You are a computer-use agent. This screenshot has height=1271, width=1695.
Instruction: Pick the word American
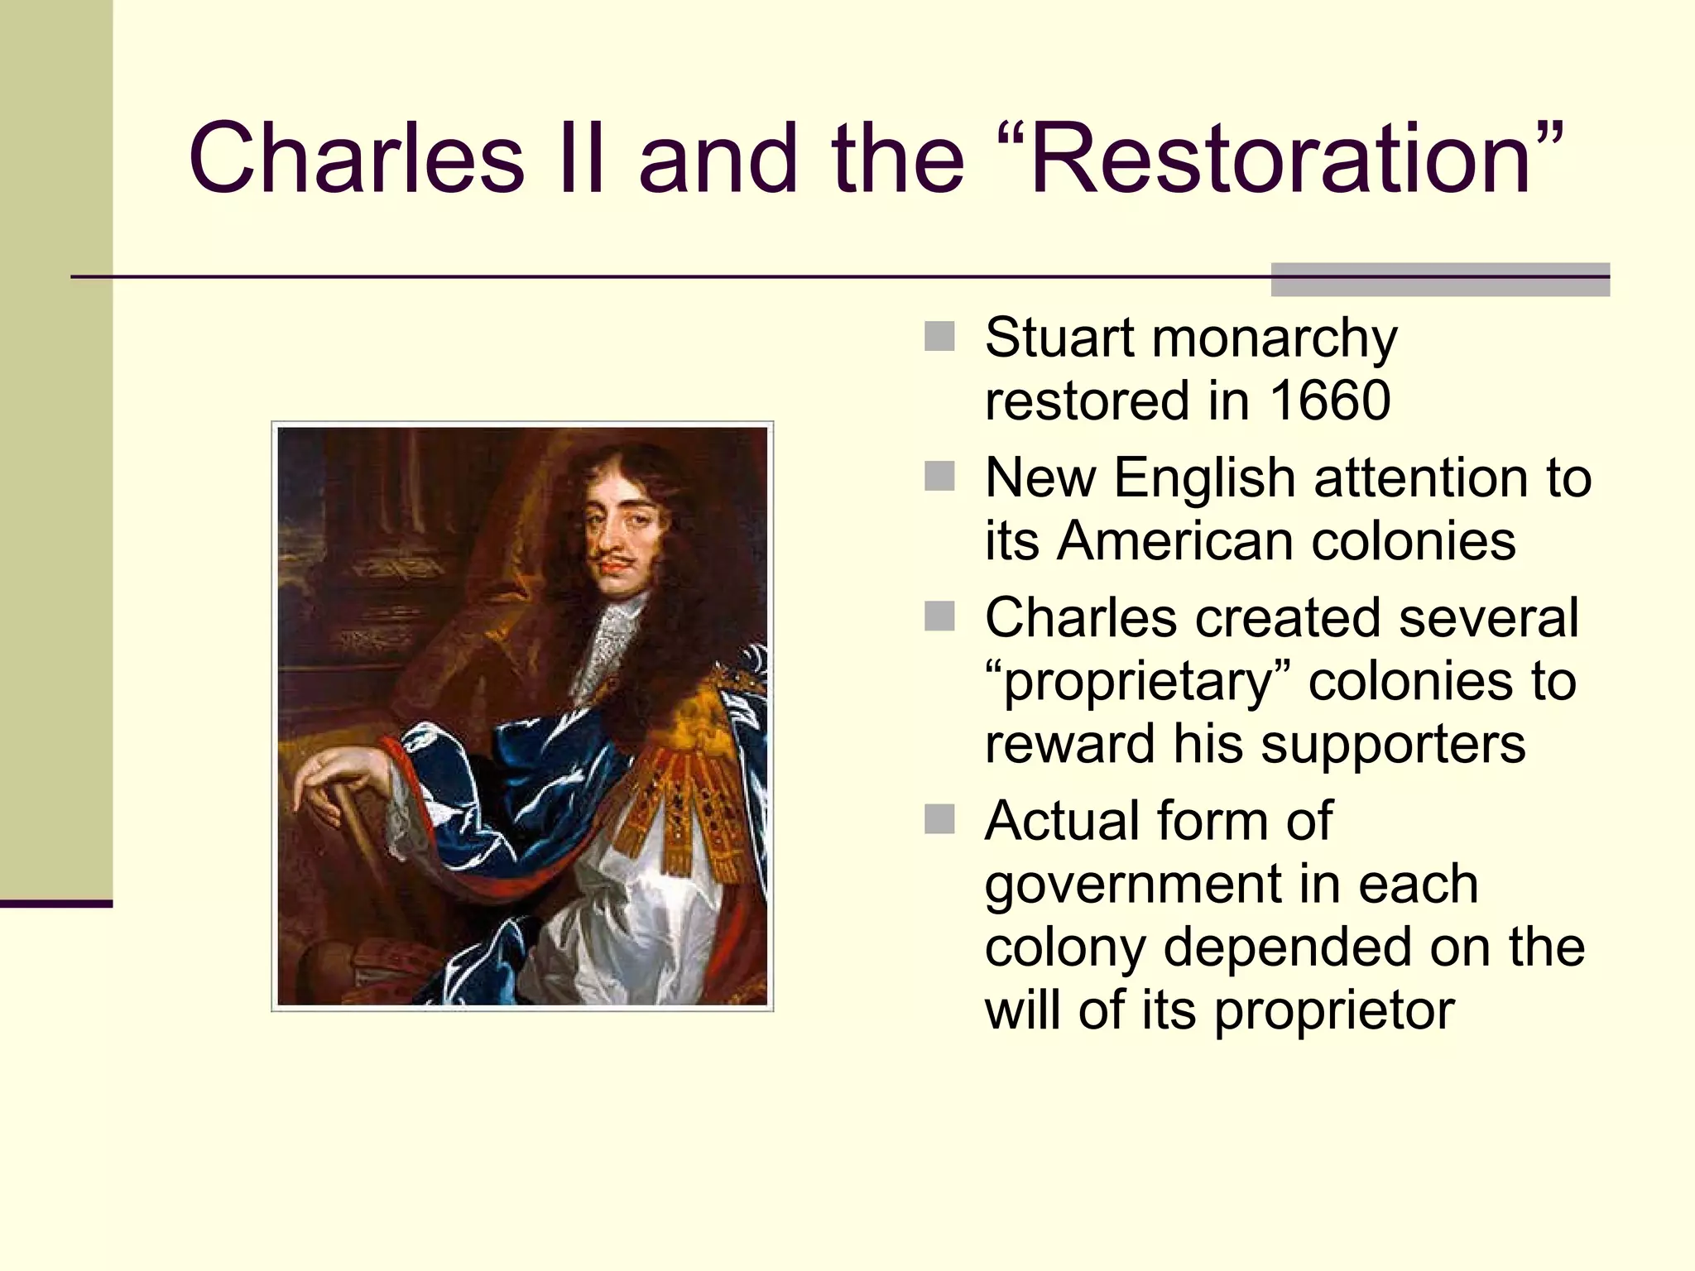point(1174,541)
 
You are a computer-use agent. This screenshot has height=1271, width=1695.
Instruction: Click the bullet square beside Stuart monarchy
point(939,337)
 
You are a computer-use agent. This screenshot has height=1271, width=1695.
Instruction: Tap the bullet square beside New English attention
point(939,477)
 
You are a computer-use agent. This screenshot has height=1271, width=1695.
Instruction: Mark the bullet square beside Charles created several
point(939,616)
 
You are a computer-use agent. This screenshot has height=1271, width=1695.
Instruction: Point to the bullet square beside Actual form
point(939,819)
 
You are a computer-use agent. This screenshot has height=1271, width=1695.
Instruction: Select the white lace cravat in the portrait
point(610,645)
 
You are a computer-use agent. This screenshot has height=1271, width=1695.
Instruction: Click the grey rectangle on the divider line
point(1440,280)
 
